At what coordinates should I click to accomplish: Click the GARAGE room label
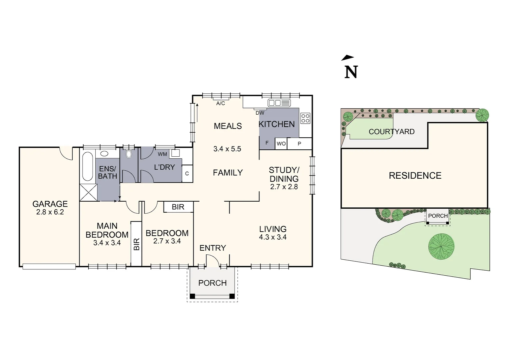(x=50, y=204)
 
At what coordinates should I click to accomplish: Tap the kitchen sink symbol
(x=279, y=103)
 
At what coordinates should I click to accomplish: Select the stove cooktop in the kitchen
(x=305, y=118)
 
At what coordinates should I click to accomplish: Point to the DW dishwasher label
(x=260, y=113)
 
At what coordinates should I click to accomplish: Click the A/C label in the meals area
(x=221, y=103)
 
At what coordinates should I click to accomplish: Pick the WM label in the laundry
(x=162, y=154)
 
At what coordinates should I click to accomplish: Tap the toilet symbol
(x=129, y=154)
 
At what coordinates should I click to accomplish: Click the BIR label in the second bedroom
(x=178, y=207)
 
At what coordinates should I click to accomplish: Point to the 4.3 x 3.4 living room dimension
(x=273, y=237)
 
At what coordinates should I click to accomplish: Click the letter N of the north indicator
(x=351, y=72)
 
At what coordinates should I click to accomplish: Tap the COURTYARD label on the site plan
(x=391, y=132)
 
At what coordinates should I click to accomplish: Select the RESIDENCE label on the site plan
(x=415, y=176)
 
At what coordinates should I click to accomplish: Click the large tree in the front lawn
(x=441, y=246)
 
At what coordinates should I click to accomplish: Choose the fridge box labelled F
(x=267, y=143)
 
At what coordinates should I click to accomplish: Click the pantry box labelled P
(x=299, y=144)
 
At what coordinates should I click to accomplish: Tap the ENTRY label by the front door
(x=213, y=248)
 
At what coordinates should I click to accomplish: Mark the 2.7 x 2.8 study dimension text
(x=284, y=187)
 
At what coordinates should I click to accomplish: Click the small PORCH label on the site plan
(x=438, y=216)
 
